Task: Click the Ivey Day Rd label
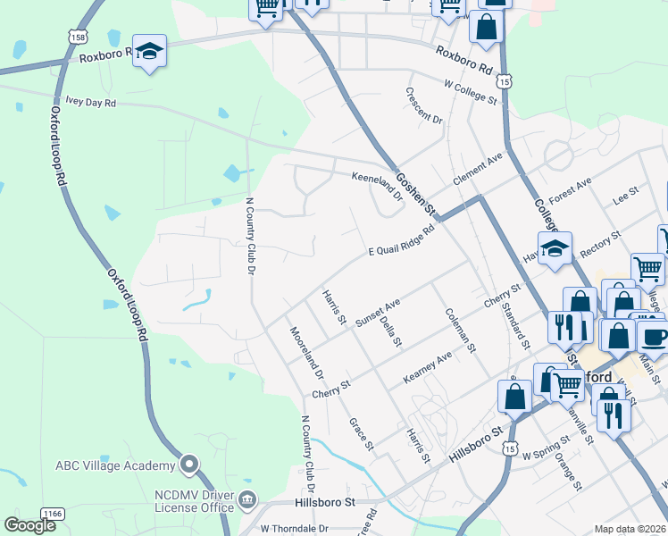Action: coord(86,103)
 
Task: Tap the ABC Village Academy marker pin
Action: coord(188,465)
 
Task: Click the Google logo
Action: coord(31,526)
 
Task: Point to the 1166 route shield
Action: coord(53,513)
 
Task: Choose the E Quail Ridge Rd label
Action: coord(401,240)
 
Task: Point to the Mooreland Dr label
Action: coord(305,354)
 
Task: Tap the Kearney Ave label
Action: coord(428,366)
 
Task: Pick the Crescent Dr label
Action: coord(423,105)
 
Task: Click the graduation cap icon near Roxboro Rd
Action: coord(150,53)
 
